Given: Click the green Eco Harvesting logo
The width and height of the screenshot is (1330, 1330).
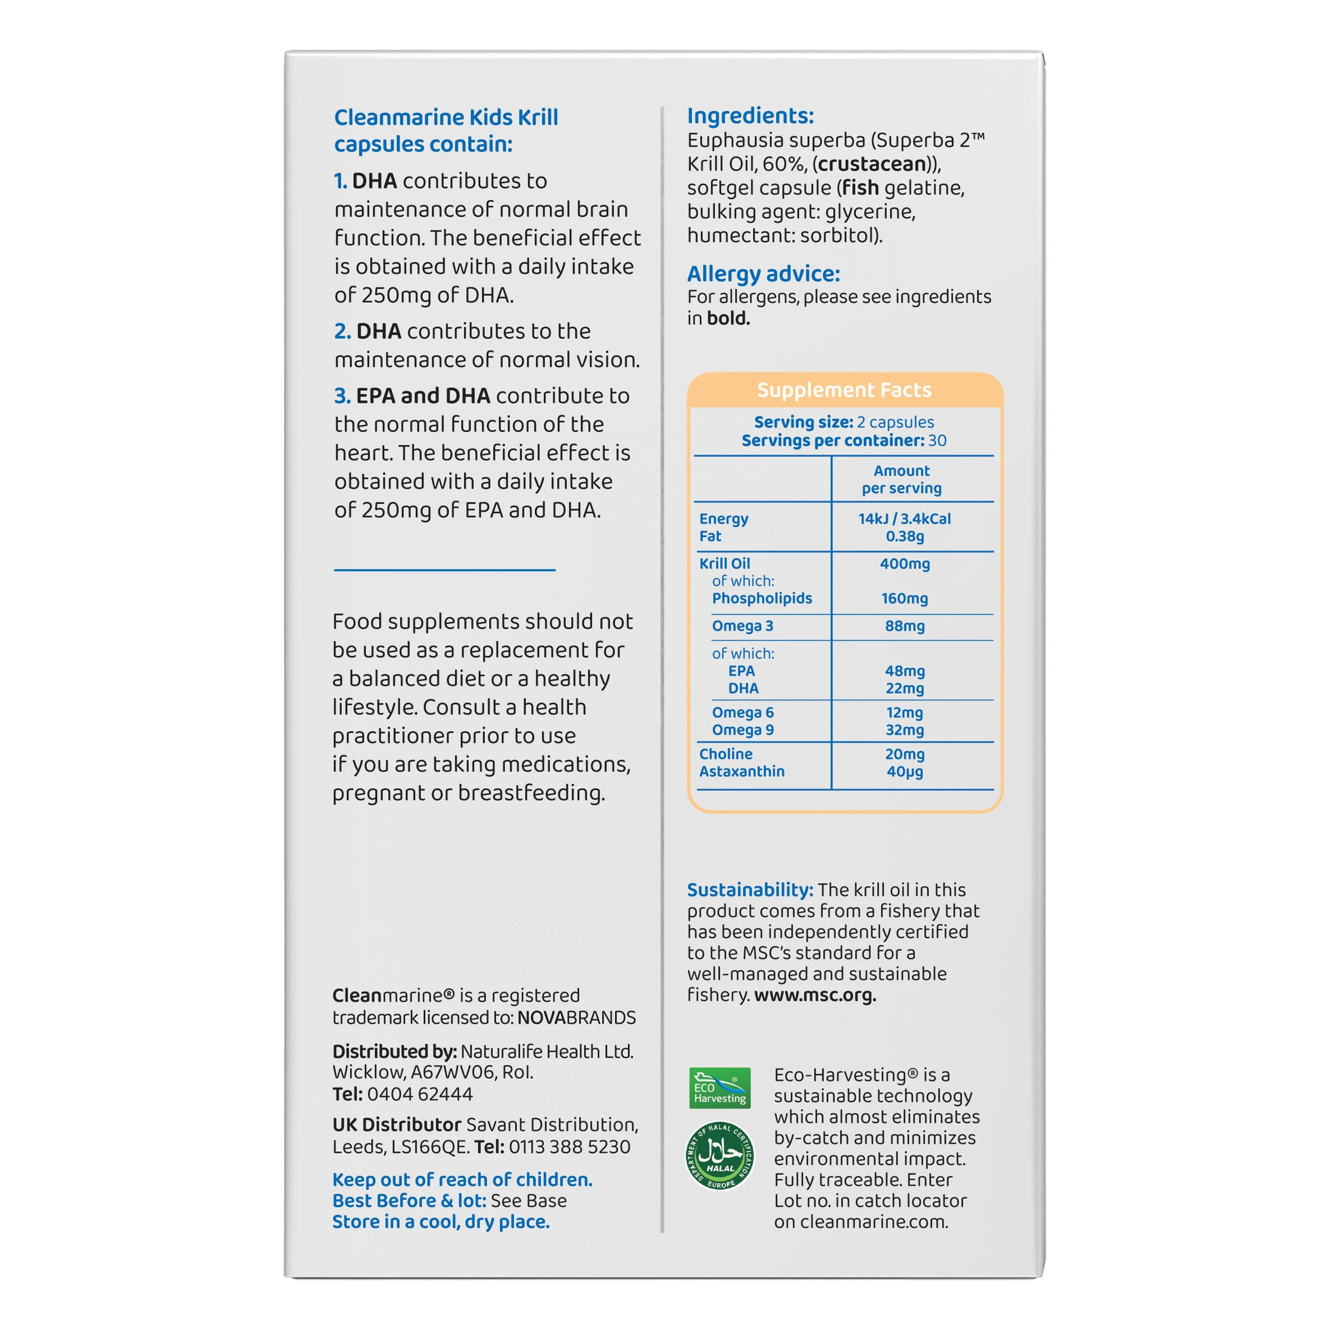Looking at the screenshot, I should (720, 1087).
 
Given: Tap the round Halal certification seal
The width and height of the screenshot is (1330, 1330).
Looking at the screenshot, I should (720, 1157).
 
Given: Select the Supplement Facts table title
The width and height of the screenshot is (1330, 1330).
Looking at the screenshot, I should (844, 390).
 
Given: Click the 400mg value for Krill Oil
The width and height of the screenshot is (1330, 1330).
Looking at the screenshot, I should (904, 564).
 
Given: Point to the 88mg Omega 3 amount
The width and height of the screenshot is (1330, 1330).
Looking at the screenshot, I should (904, 626).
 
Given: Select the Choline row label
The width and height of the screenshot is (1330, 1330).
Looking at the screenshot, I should (726, 754).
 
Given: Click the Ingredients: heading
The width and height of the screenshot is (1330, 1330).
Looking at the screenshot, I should (751, 116).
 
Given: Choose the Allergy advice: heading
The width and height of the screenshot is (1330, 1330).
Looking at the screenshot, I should (763, 274).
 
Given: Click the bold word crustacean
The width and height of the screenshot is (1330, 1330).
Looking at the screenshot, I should (872, 164).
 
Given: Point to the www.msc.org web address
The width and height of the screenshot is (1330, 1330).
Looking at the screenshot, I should (815, 995).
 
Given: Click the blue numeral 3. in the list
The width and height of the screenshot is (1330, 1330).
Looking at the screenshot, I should (342, 396).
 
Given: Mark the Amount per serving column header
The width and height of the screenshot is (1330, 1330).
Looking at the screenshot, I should (901, 479).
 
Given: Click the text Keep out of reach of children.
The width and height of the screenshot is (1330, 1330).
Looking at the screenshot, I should (462, 1179).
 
